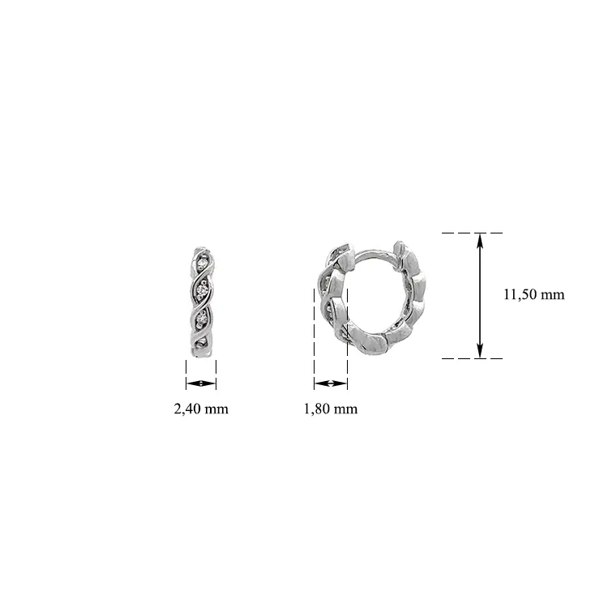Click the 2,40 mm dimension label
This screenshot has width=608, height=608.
point(201,409)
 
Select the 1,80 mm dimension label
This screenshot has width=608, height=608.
point(331,409)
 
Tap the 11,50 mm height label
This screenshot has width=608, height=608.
point(534,295)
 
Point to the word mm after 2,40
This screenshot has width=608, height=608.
point(216,410)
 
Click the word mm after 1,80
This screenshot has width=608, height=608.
point(346,410)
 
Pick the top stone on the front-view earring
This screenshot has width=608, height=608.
point(201,263)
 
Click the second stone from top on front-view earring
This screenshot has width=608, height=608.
point(202,289)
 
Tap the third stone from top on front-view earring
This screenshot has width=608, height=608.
point(201,317)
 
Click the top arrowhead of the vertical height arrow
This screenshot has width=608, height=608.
point(480,240)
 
